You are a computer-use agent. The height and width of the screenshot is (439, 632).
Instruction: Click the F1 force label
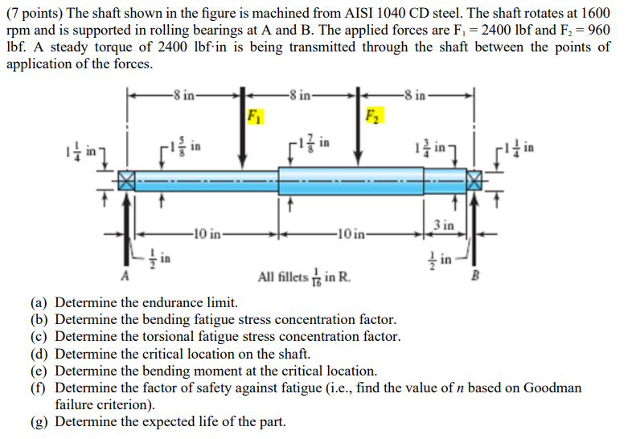(255, 115)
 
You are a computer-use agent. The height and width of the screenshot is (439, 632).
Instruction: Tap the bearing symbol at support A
(126, 179)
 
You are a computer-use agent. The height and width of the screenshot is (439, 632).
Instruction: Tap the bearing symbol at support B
(475, 180)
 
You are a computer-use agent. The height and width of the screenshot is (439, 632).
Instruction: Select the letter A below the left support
(125, 278)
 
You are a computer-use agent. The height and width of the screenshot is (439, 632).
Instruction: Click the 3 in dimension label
(444, 224)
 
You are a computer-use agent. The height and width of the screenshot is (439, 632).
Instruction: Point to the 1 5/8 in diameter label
(184, 148)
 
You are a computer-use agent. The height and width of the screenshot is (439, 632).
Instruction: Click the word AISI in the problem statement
(399, 14)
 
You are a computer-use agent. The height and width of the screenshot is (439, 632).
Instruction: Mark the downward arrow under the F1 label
(242, 137)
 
